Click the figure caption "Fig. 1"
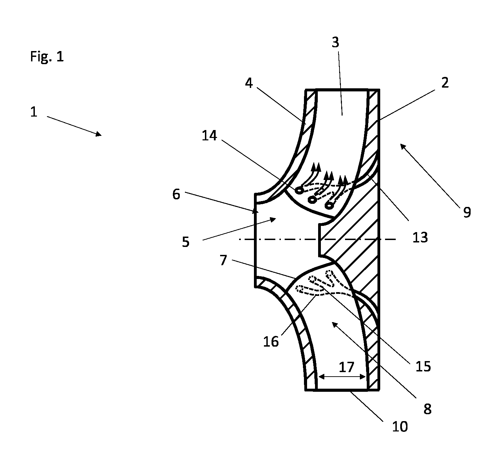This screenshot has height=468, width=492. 47,56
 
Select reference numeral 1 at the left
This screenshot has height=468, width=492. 34,112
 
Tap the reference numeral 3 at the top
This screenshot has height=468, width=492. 335,42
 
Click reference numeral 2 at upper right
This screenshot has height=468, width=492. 445,82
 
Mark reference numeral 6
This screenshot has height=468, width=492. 176,194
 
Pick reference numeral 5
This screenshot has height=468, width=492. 186,242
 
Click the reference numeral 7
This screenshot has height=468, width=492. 223,260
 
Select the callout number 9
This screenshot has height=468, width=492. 467,212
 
